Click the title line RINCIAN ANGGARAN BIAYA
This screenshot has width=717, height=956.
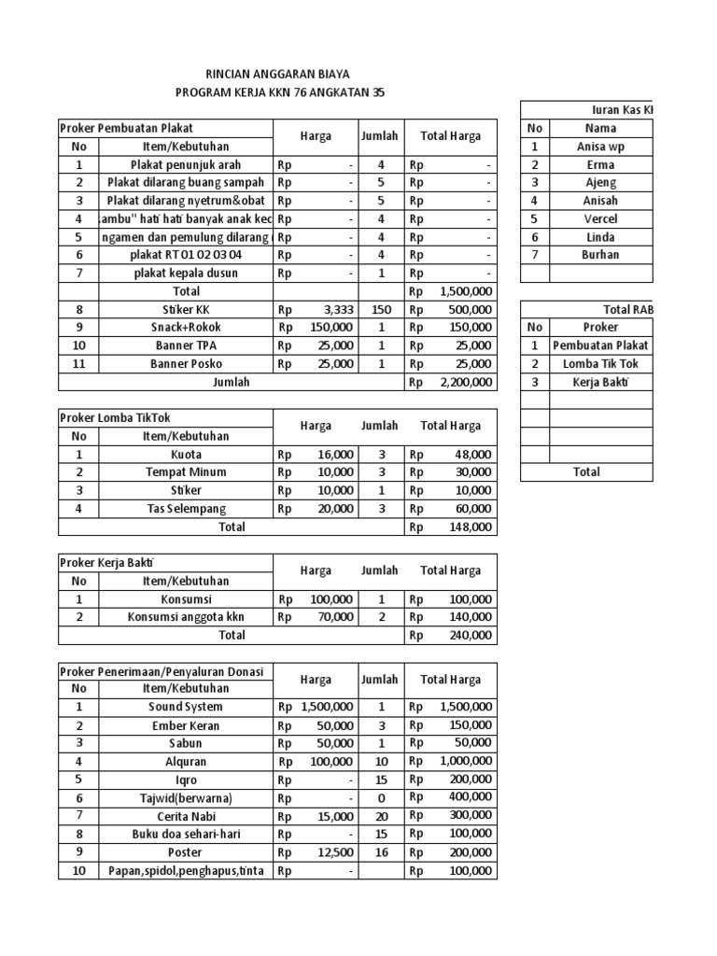click(x=279, y=74)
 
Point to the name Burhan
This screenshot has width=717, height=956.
click(x=600, y=255)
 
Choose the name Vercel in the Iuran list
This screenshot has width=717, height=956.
click(x=600, y=218)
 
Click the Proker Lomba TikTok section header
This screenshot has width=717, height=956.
click(x=116, y=417)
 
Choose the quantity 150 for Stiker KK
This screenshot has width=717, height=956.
click(x=380, y=309)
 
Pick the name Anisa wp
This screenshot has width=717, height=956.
click(x=600, y=147)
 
